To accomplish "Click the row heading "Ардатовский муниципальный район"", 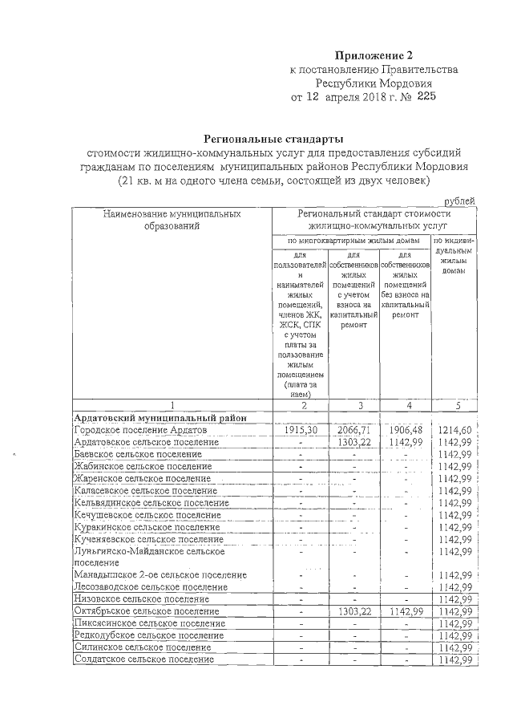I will tap(154, 418).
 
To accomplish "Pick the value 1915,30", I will tap(301, 430).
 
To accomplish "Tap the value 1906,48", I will tap(405, 430).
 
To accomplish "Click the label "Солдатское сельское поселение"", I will tap(143, 659).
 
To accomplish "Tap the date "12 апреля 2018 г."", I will tap(345, 98).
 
